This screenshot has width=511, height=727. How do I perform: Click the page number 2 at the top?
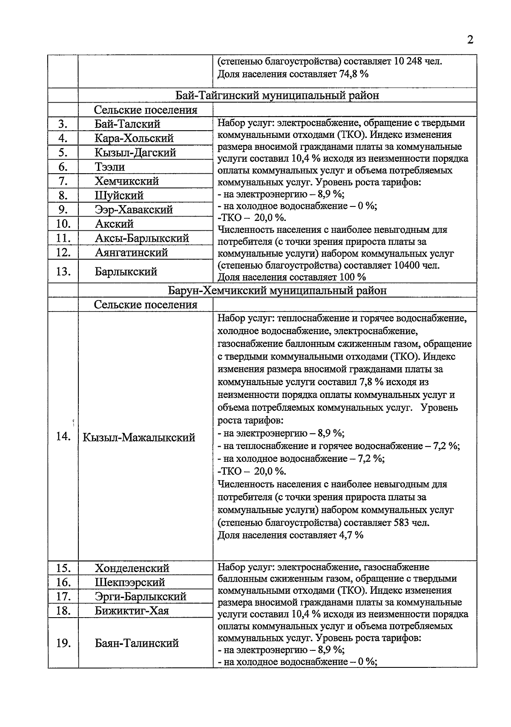470,40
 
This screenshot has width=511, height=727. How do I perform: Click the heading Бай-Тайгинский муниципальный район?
277,95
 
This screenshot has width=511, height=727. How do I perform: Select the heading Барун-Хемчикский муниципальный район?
277,291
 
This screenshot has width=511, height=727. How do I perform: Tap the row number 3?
63,124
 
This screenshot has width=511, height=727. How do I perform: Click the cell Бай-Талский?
127,124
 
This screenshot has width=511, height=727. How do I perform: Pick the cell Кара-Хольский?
134,138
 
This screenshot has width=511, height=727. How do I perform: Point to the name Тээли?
110,167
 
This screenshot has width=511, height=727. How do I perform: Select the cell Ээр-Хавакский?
134,209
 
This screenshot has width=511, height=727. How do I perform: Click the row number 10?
63,224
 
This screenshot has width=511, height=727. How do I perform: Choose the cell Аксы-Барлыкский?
142,238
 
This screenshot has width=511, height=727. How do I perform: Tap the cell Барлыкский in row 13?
126,272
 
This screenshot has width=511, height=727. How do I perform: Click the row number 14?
63,437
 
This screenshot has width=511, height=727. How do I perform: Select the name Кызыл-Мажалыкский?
139,437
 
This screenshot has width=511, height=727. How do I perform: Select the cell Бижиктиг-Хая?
132,611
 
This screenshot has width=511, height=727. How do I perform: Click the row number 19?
63,643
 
